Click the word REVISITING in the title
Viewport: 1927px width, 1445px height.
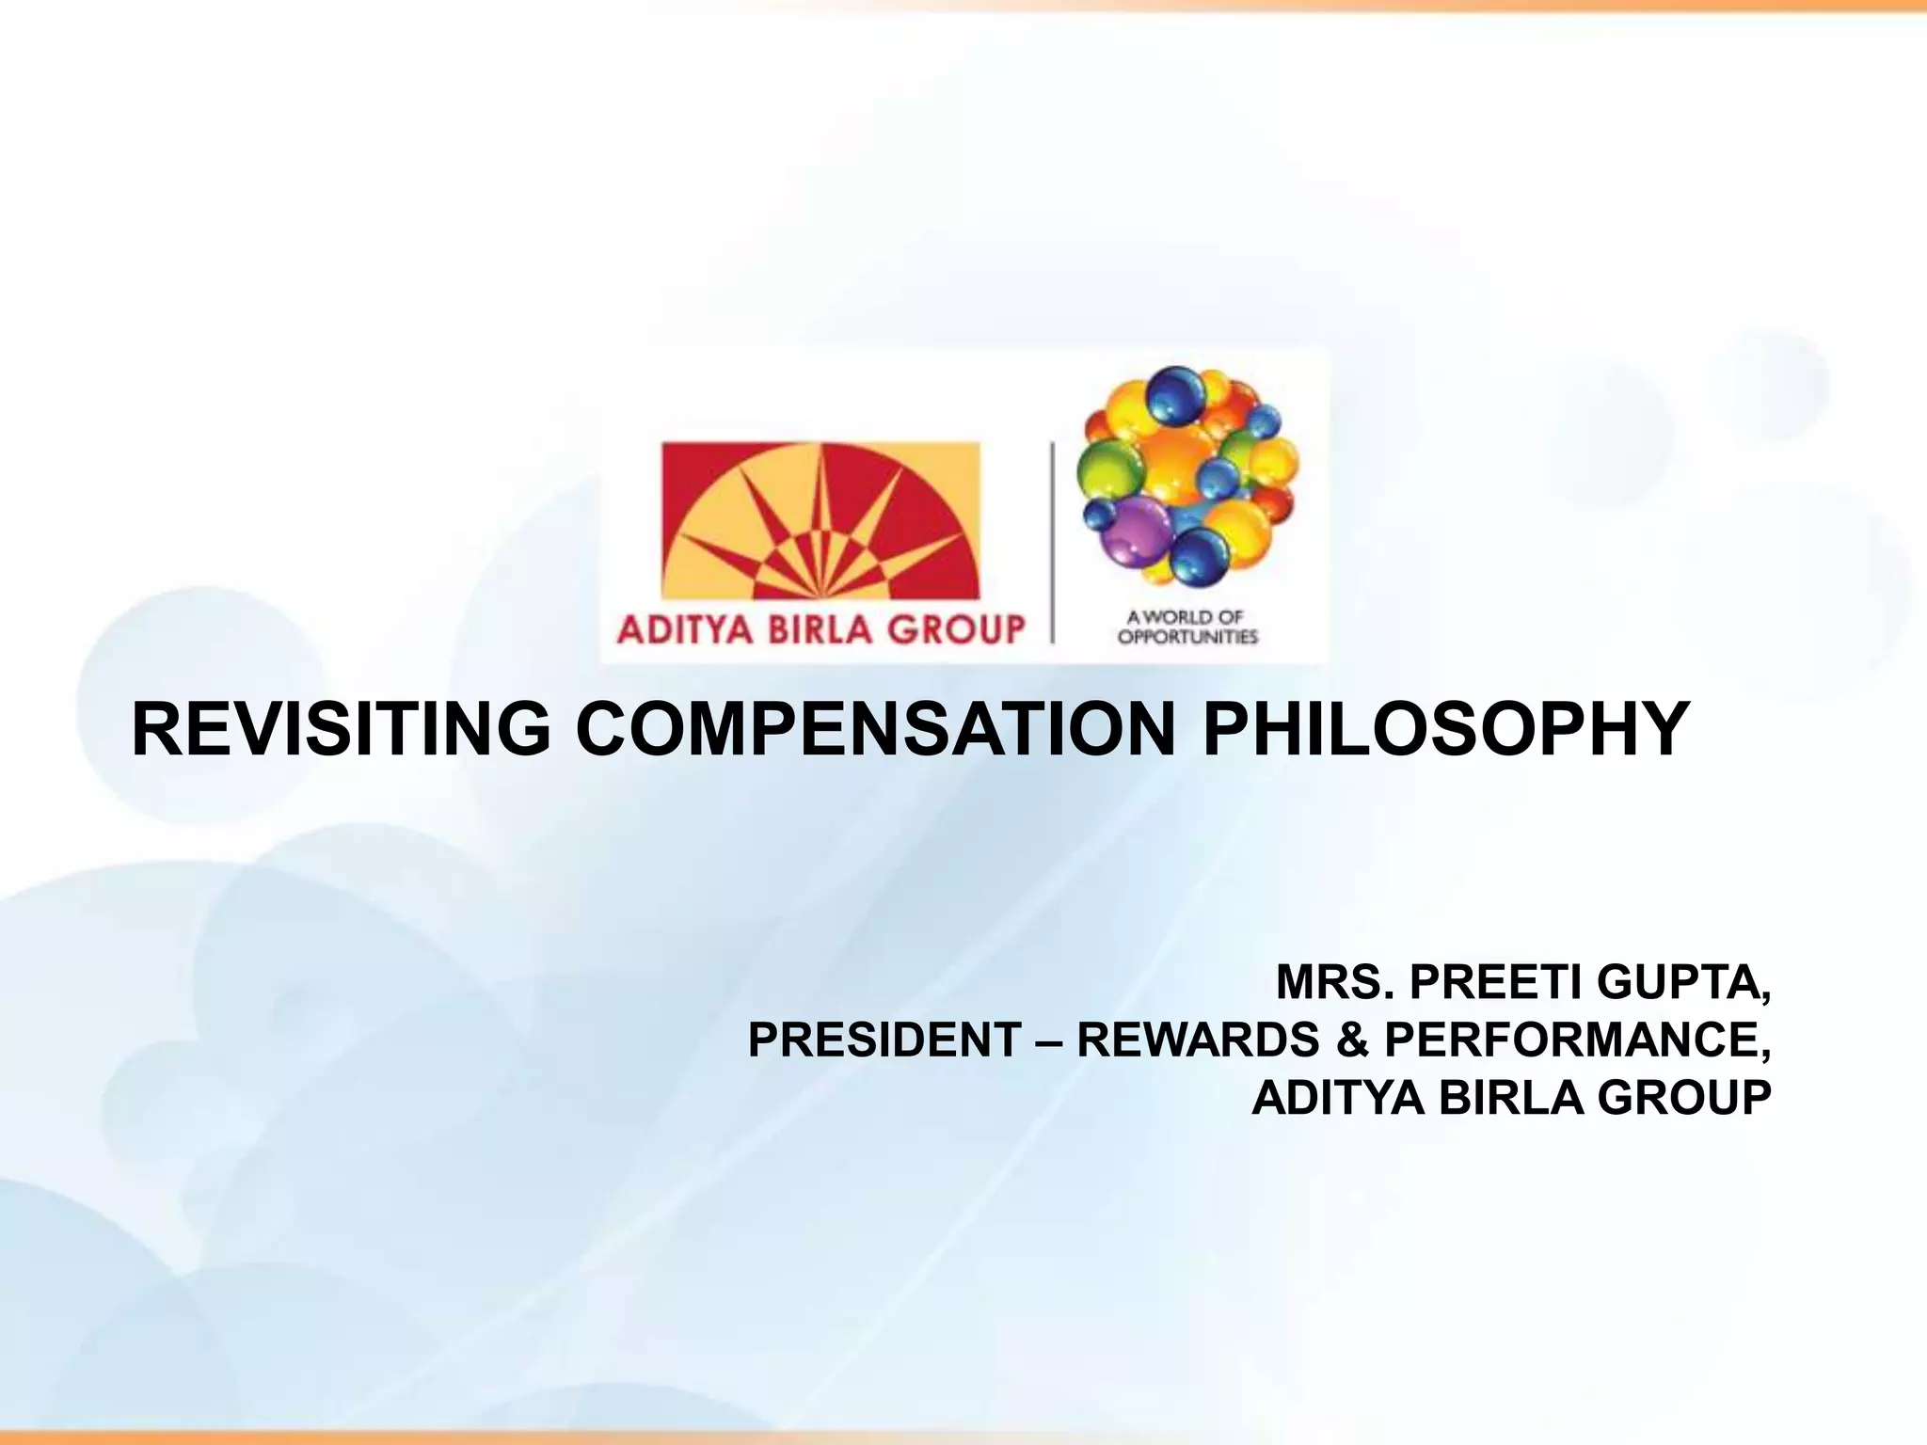pyautogui.click(x=341, y=729)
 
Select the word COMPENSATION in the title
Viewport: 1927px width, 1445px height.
pyautogui.click(x=875, y=729)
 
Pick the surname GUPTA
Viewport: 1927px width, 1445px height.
pyautogui.click(x=1683, y=984)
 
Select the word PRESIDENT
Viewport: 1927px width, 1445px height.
pyautogui.click(x=884, y=1040)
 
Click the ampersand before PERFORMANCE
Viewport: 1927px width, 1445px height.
pyautogui.click(x=1351, y=1040)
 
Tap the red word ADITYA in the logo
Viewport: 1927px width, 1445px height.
pyautogui.click(x=685, y=628)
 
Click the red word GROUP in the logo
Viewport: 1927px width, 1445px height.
pyautogui.click(x=956, y=628)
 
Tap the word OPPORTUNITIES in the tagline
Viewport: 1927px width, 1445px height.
pyautogui.click(x=1187, y=637)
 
